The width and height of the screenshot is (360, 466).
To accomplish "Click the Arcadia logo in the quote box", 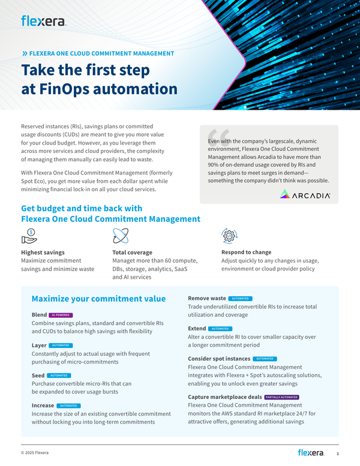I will (x=305, y=194).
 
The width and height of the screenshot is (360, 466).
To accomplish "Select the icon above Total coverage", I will (x=120, y=236).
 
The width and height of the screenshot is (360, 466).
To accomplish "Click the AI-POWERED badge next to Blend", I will (x=61, y=315).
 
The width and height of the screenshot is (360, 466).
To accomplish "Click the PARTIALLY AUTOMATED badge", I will (x=281, y=397).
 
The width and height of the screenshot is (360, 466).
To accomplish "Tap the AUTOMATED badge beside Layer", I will (x=61, y=345).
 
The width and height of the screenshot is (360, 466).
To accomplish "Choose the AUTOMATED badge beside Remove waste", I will (x=241, y=298).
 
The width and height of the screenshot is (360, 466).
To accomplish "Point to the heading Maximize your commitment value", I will (x=98, y=299).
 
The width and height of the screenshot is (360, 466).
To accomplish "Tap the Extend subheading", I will (x=197, y=329).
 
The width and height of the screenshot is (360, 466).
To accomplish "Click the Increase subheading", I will (x=43, y=405).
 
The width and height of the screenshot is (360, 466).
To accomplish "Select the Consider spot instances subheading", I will (x=219, y=359).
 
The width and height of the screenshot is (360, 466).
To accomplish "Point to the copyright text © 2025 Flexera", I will (x=35, y=452).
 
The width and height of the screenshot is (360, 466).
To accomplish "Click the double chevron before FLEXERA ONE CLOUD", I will (x=25, y=53).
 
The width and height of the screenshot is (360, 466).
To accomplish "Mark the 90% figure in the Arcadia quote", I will (x=214, y=164).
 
